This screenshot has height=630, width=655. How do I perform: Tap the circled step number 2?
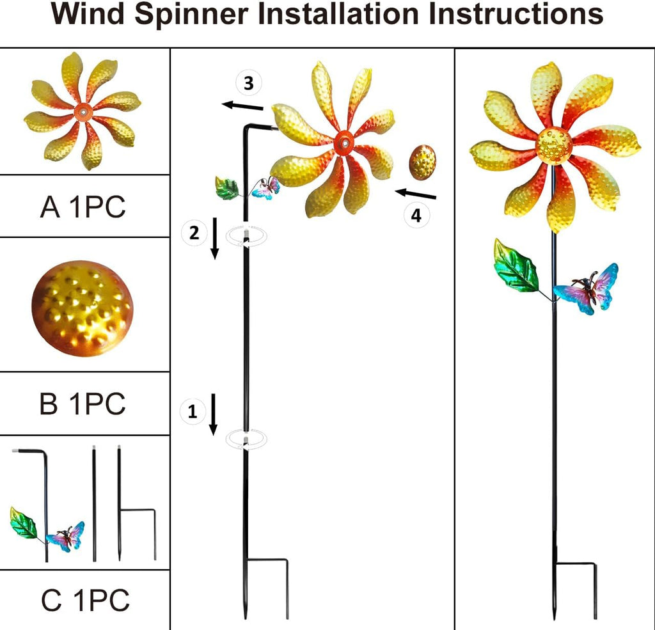pyautogui.click(x=194, y=233)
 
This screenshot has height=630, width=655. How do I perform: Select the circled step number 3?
pyautogui.click(x=248, y=83)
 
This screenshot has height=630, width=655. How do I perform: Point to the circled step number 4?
pyautogui.click(x=416, y=216)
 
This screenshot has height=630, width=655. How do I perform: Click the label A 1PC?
pyautogui.click(x=83, y=207)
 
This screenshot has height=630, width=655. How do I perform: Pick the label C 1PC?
pyautogui.click(x=85, y=601)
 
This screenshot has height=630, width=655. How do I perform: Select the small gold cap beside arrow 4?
pyautogui.click(x=422, y=162)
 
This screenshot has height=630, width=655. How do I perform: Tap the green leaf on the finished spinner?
pyautogui.click(x=516, y=266)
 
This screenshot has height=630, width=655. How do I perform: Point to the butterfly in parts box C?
pyautogui.click(x=68, y=537)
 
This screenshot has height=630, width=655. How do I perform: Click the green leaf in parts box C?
pyautogui.click(x=24, y=523)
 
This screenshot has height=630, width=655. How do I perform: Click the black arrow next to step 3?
pyautogui.click(x=242, y=106)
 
